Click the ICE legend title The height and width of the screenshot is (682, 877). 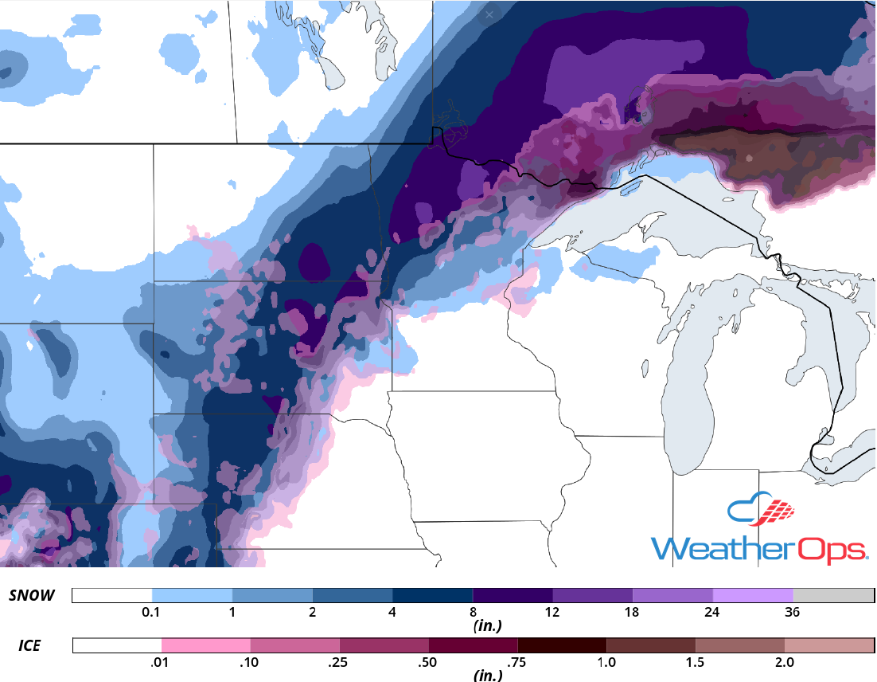(x=29, y=645)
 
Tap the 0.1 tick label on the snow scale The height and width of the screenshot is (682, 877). (x=151, y=613)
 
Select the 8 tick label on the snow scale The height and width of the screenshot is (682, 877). (x=473, y=613)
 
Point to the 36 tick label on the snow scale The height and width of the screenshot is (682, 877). (x=793, y=613)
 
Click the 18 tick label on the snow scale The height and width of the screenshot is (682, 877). (x=633, y=613)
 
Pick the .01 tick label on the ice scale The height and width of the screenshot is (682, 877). (x=162, y=662)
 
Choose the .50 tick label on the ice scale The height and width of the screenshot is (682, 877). (x=428, y=662)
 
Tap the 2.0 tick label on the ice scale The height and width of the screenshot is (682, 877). (x=784, y=662)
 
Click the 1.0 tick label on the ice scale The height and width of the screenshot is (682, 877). (x=606, y=662)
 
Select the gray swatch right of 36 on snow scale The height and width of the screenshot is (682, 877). (x=833, y=596)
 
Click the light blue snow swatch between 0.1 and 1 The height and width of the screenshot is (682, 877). (x=192, y=596)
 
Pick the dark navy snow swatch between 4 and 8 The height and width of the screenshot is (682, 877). (x=432, y=596)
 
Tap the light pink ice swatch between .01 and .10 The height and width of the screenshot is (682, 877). (x=205, y=645)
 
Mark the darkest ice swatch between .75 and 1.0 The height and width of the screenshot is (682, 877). (x=561, y=645)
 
